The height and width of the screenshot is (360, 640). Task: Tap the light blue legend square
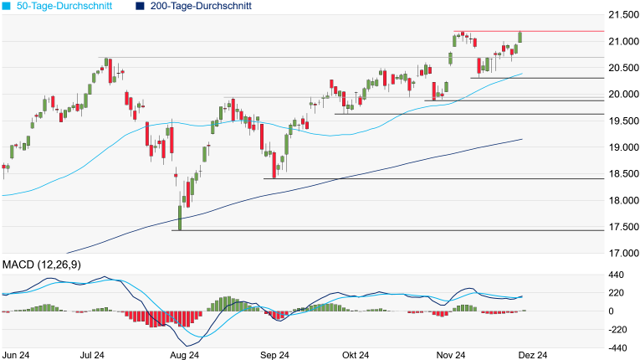click(x=6, y=6)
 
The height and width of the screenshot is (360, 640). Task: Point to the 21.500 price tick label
click(x=621, y=15)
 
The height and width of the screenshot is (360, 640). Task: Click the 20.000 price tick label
click(x=621, y=95)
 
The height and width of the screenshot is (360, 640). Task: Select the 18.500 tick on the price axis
click(x=621, y=174)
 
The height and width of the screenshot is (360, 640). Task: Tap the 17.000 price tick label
click(x=621, y=254)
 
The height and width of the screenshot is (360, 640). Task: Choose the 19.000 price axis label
click(x=621, y=147)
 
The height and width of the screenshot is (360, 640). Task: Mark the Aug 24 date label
click(x=183, y=354)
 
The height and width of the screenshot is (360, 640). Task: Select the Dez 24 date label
click(x=533, y=354)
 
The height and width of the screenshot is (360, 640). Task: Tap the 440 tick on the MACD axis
click(x=617, y=274)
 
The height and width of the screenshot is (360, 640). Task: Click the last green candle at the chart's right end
click(x=520, y=37)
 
